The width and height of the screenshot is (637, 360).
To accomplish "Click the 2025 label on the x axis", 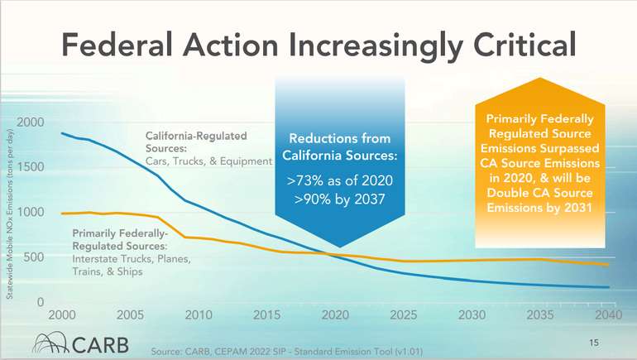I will tap(404, 315).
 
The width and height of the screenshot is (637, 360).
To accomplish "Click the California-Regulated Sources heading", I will tap(196, 140).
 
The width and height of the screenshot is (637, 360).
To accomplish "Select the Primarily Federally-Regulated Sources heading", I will tap(121, 239).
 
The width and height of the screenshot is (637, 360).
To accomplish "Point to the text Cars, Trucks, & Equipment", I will tap(208, 161).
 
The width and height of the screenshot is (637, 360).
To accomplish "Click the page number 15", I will tap(593, 340).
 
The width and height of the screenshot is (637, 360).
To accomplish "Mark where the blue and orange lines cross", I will tap(335, 255).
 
